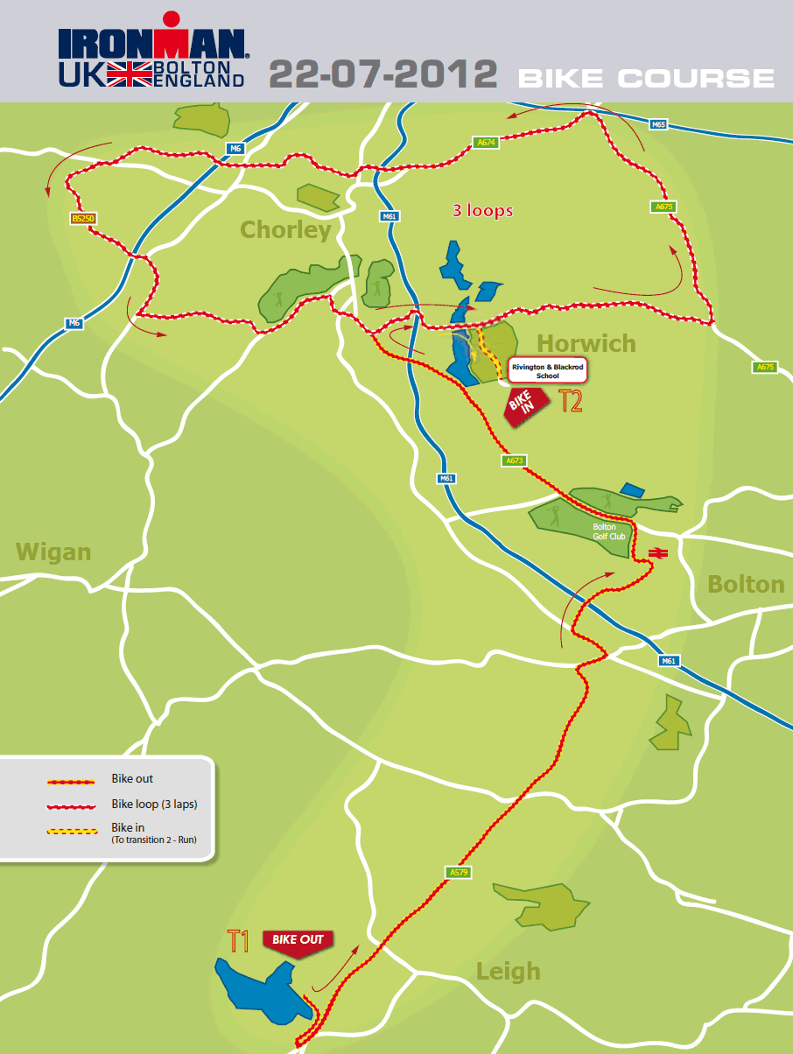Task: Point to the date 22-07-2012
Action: point(382,74)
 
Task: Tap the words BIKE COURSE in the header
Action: point(646,78)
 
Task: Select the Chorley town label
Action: point(285,230)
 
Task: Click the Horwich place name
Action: point(586,343)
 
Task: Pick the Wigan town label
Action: point(53,552)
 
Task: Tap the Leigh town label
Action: point(508,971)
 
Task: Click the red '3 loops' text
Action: point(482,211)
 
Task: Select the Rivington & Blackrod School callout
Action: point(547,370)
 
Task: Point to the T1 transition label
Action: point(239,942)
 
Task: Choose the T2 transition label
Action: point(571,402)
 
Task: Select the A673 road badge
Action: point(514,460)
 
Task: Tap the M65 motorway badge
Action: point(659,125)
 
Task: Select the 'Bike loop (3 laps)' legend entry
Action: point(160,803)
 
